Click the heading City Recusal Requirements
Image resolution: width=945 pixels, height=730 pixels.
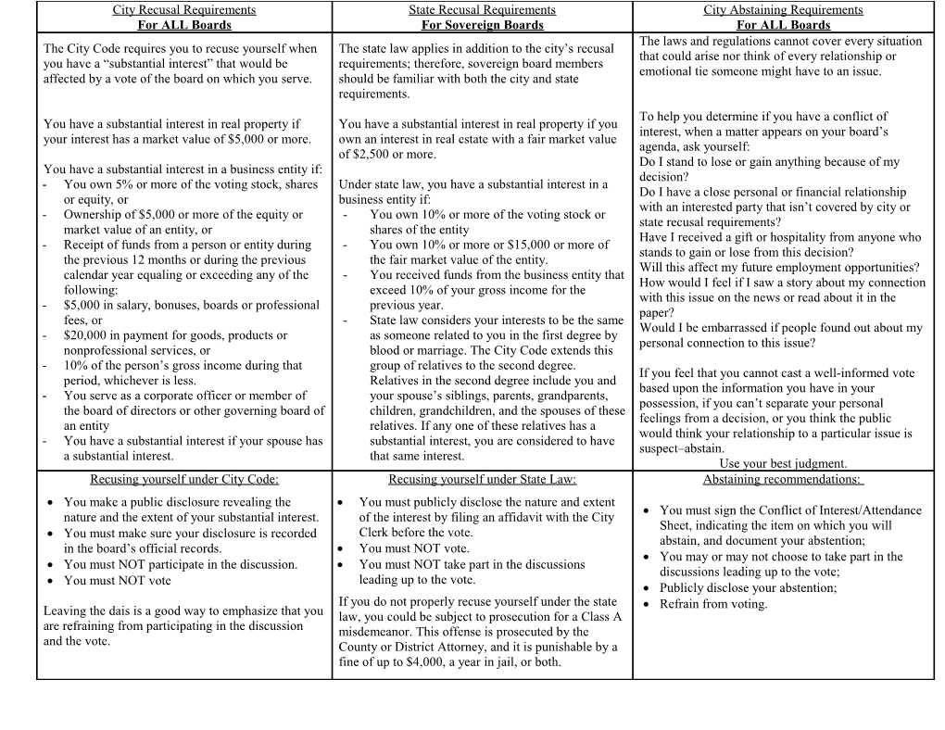click(x=184, y=10)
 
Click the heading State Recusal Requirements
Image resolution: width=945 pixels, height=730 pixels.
click(x=482, y=10)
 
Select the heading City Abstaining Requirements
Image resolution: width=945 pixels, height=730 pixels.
click(x=783, y=10)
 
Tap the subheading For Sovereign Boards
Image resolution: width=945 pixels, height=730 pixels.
click(x=482, y=25)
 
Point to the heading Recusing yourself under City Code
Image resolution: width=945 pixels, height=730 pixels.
click(x=184, y=479)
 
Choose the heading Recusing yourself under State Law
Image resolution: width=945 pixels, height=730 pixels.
click(x=482, y=479)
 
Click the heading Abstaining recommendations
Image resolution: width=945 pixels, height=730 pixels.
click(x=783, y=479)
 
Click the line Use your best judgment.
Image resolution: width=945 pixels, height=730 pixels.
click(x=783, y=463)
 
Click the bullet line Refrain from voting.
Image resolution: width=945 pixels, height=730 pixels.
click(x=713, y=604)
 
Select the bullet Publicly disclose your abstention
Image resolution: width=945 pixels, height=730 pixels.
click(x=748, y=588)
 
